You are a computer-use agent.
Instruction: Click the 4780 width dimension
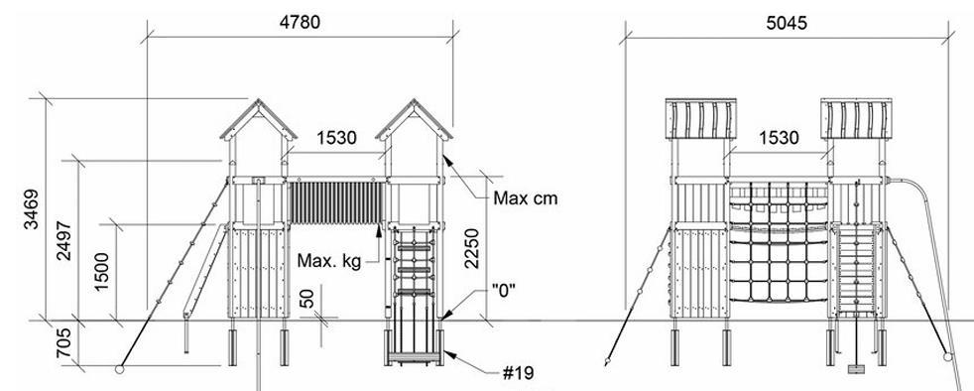tap(300, 23)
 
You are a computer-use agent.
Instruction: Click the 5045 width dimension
tap(787, 23)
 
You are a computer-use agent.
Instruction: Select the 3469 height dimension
tap(31, 208)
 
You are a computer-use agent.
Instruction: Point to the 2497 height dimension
tap(63, 240)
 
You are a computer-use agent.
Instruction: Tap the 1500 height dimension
tap(101, 272)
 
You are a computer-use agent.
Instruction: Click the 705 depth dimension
tap(63, 343)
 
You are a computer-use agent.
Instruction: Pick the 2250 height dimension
tap(472, 249)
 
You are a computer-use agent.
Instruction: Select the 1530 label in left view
tap(336, 137)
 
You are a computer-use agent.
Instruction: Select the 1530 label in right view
tap(779, 137)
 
